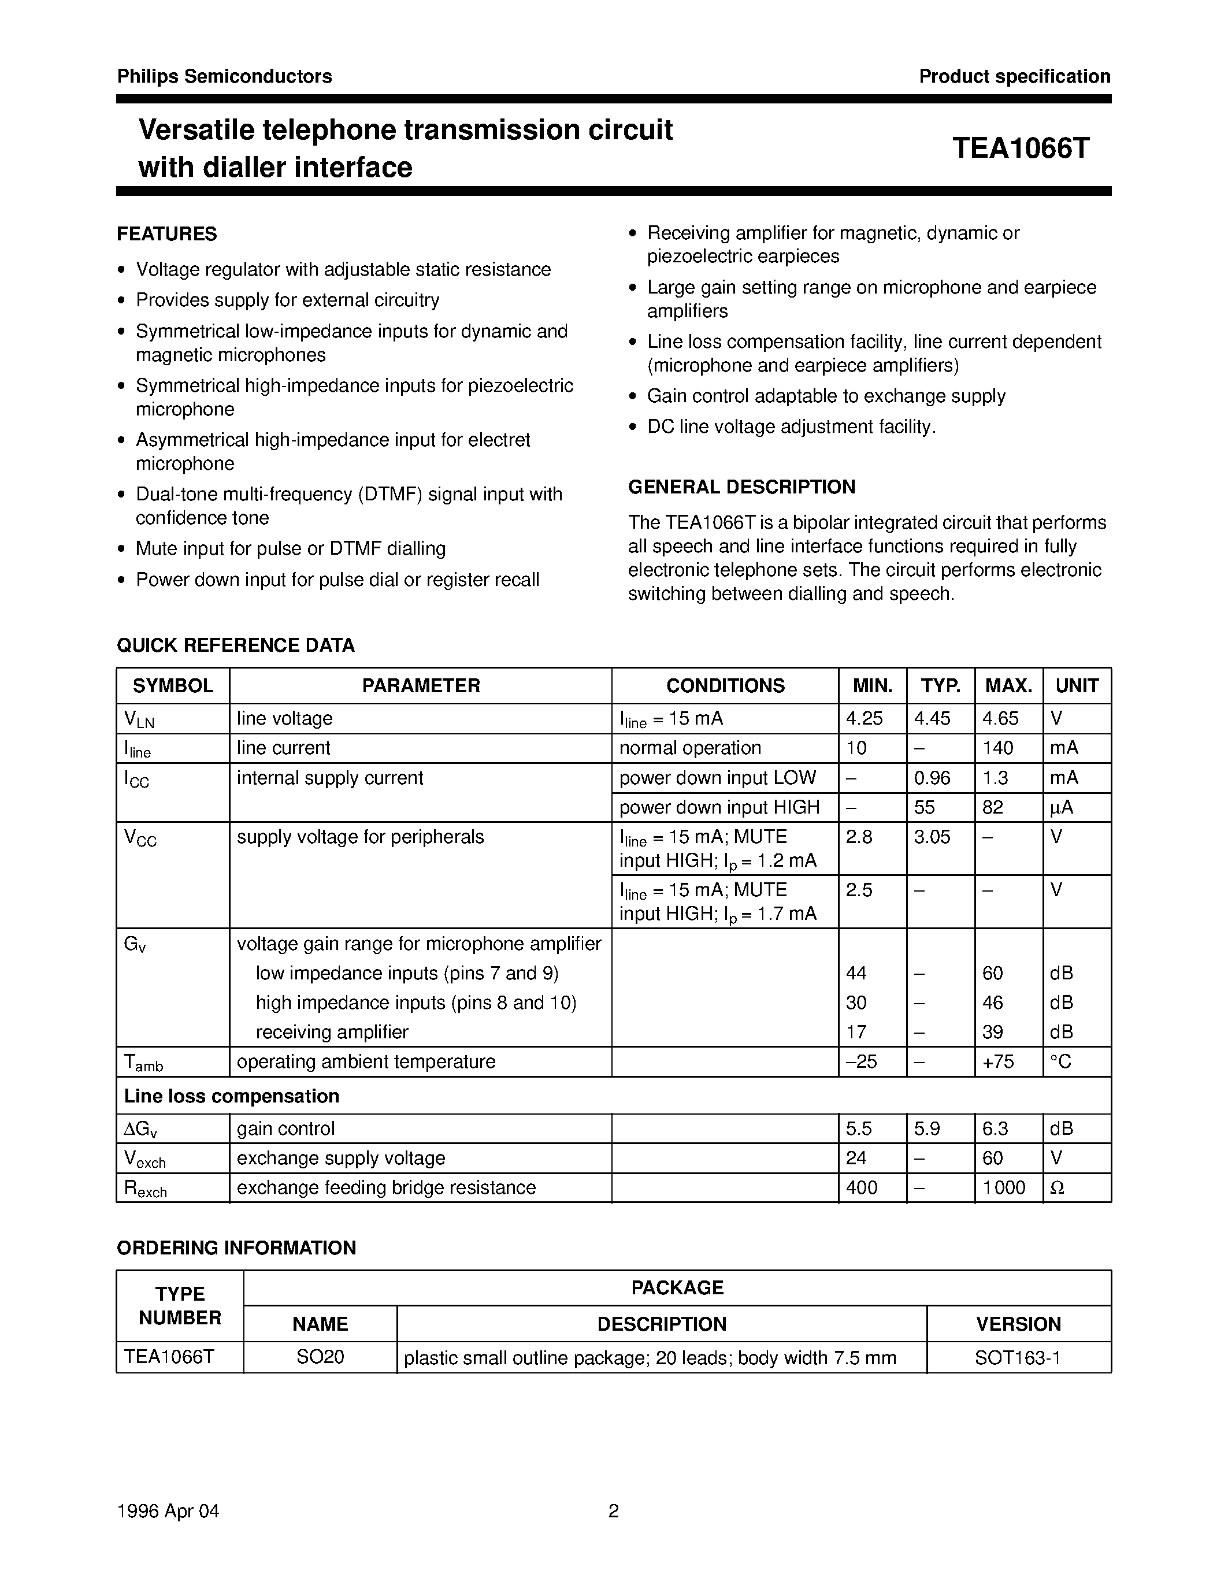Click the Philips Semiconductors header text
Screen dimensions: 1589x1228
click(x=224, y=76)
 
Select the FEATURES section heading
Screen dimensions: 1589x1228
click(x=166, y=234)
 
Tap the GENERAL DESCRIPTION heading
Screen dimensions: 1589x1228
click(x=741, y=487)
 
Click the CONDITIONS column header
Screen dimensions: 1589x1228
click(x=725, y=685)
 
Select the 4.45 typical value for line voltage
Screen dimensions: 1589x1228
click(x=932, y=718)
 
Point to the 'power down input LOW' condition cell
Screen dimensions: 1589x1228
click(x=717, y=778)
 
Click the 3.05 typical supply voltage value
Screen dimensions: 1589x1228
click(x=932, y=837)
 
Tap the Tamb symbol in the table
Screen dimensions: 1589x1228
click(x=143, y=1063)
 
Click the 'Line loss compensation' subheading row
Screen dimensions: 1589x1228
click(x=231, y=1096)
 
